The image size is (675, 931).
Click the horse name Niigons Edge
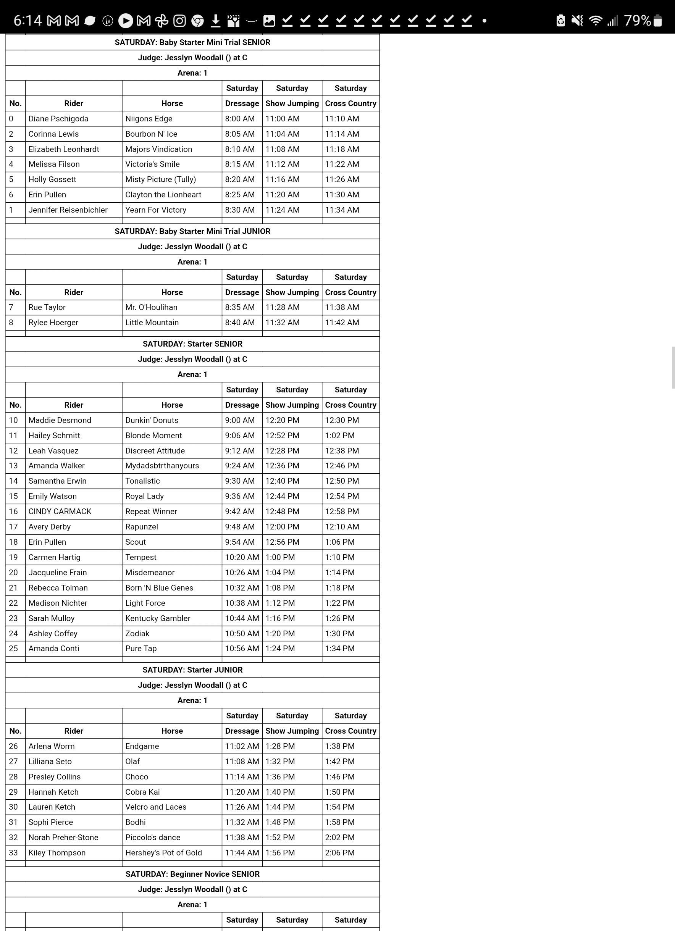pyautogui.click(x=149, y=119)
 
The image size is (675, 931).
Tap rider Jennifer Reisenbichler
pyautogui.click(x=68, y=210)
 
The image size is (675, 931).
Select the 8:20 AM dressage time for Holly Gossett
pyautogui.click(x=240, y=179)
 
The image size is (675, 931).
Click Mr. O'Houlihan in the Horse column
pyautogui.click(x=151, y=307)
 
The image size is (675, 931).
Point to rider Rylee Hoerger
pyautogui.click(x=53, y=322)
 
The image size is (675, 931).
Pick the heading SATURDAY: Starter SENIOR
pyautogui.click(x=192, y=344)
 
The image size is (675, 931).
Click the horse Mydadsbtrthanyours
pyautogui.click(x=162, y=466)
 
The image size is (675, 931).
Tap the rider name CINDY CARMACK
pyautogui.click(x=60, y=511)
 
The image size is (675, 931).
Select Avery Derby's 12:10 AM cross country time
pyautogui.click(x=342, y=527)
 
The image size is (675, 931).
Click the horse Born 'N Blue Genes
pyautogui.click(x=159, y=587)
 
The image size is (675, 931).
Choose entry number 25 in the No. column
pyautogui.click(x=13, y=648)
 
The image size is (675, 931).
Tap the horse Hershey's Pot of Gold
pyautogui.click(x=163, y=853)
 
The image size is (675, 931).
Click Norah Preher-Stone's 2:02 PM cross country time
pyautogui.click(x=339, y=837)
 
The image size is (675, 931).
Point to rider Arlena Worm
pyautogui.click(x=51, y=746)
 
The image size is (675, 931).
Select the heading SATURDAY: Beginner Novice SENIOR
pyautogui.click(x=192, y=874)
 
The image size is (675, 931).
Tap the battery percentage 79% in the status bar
pyautogui.click(x=637, y=20)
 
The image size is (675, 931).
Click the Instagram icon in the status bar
pyautogui.click(x=179, y=21)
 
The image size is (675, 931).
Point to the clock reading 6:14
pyautogui.click(x=27, y=20)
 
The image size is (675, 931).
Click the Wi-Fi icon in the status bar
pyautogui.click(x=595, y=20)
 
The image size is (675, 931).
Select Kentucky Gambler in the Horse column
pyautogui.click(x=158, y=618)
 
